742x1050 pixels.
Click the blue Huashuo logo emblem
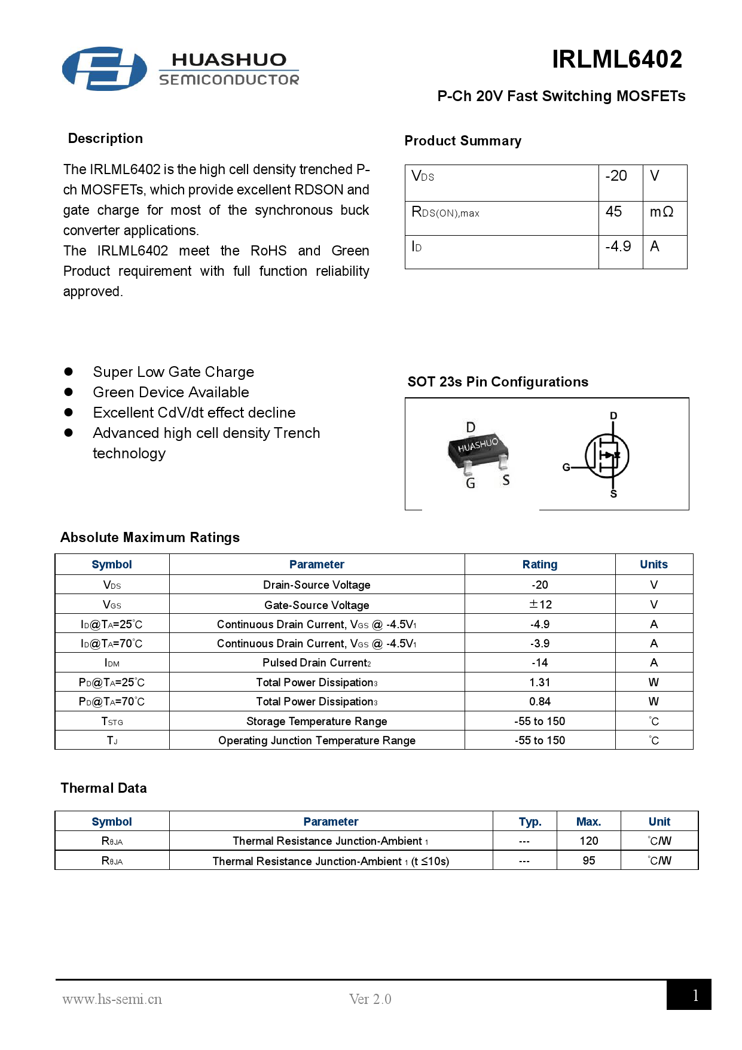pos(105,69)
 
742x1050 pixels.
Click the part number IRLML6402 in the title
pos(616,59)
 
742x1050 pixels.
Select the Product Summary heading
pos(463,141)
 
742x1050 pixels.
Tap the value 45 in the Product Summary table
pos(613,212)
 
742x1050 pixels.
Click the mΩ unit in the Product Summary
pos(661,212)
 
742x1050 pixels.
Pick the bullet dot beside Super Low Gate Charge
pos(69,372)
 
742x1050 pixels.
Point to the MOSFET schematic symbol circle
pos(607,456)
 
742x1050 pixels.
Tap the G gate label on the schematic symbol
pos(566,467)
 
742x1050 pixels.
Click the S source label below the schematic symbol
pos(613,494)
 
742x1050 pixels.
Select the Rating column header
pos(539,564)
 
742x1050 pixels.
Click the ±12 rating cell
pos(540,604)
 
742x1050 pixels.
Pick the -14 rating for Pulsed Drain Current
pos(540,663)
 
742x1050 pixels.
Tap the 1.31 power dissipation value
pos(540,683)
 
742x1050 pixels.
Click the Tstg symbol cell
pos(112,722)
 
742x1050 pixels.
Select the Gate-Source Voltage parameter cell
pos(316,605)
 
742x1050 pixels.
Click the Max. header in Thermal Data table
pos(588,822)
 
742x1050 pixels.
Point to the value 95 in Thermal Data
pos(588,861)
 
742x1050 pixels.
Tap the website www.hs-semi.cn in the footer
pos(112,999)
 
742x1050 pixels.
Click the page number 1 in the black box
pos(695,996)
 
